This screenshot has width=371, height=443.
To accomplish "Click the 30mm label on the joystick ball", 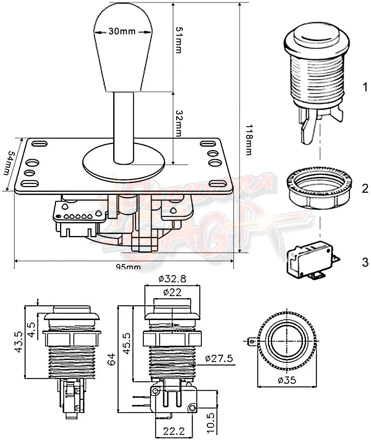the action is point(122,31).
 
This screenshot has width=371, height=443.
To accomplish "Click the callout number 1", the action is point(365,88).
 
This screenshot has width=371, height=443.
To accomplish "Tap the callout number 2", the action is point(365,189).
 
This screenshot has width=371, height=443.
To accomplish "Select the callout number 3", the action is point(365,263).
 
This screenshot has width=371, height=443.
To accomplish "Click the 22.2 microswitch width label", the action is point(173,431).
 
